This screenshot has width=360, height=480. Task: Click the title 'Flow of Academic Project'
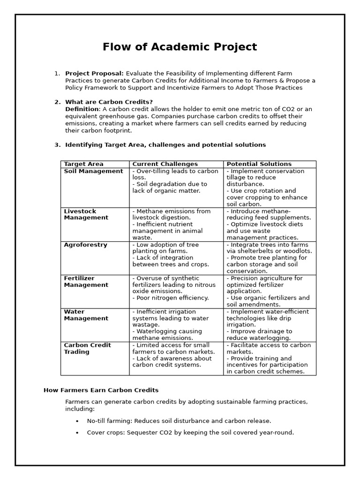[x=180, y=47]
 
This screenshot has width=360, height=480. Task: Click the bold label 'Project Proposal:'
[x=94, y=73]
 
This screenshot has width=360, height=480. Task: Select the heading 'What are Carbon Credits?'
[x=109, y=102]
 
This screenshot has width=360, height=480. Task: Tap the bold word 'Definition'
[x=82, y=109]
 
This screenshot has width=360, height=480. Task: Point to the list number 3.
[x=57, y=145]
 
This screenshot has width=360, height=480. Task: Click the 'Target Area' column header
[x=83, y=164]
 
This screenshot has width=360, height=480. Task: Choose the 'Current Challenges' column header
[x=165, y=164]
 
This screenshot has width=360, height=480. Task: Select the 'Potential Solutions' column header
[x=259, y=164]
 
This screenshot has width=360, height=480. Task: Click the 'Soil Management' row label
[x=93, y=171]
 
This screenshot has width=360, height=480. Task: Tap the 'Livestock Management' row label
[x=86, y=215]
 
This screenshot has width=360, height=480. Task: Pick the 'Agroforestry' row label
[x=85, y=245]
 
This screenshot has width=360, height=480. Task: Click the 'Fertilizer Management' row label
[x=86, y=282]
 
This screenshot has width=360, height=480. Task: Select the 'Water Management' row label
[x=86, y=315]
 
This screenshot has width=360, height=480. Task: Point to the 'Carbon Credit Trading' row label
[x=87, y=348]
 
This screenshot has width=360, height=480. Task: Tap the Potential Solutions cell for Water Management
[x=270, y=325]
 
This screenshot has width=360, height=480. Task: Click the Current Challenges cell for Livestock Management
[x=176, y=224]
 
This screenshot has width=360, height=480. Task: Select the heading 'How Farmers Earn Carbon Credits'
[x=101, y=390]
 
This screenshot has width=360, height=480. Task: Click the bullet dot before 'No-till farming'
[x=77, y=421]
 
